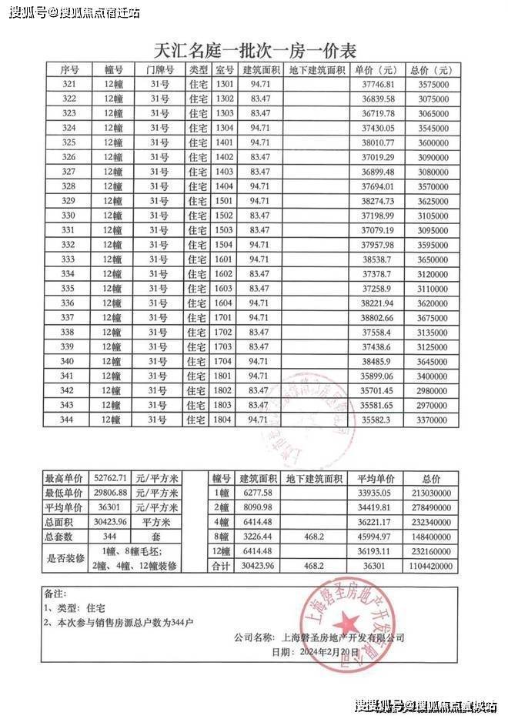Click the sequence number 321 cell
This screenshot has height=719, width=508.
(x=69, y=83)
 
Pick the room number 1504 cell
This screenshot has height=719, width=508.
(x=225, y=244)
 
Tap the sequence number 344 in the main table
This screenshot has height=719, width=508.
(x=69, y=420)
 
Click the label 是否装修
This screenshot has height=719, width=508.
(x=64, y=558)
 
